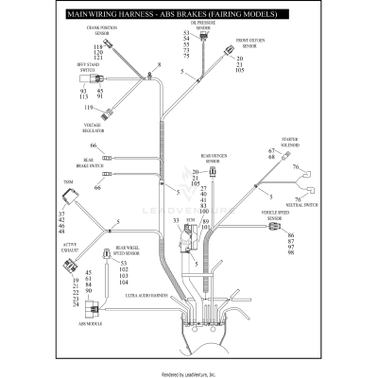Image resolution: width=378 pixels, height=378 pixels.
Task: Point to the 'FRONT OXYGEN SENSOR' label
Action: coord(249,43)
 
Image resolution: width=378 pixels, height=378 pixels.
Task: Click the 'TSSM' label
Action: coord(67,181)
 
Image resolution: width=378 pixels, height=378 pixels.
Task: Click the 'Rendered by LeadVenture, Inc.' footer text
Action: coord(189,371)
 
